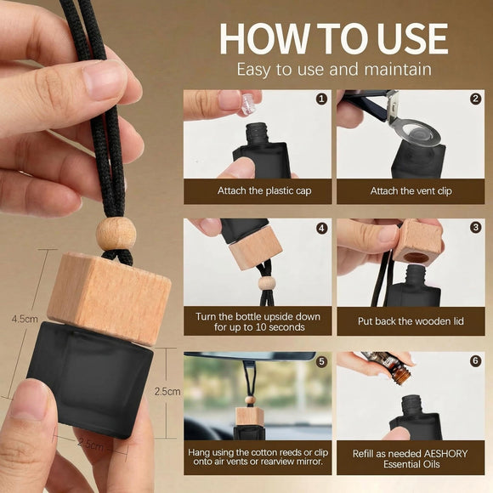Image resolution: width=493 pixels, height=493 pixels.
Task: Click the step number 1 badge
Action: (x=321, y=99)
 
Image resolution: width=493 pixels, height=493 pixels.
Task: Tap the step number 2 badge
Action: (x=475, y=99)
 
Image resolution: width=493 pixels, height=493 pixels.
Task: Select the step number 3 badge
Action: (x=475, y=227)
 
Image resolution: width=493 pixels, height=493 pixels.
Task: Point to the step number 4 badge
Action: (x=321, y=229)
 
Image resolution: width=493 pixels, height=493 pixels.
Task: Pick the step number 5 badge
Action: (x=321, y=361)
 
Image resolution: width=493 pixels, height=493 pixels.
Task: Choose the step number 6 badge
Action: (x=475, y=360)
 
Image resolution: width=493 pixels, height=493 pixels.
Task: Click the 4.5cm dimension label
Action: (x=25, y=319)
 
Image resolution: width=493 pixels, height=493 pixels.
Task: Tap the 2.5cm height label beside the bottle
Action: (x=167, y=392)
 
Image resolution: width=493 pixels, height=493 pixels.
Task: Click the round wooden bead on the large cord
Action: (x=116, y=235)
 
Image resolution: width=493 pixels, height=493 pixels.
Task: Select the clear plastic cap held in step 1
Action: (x=247, y=104)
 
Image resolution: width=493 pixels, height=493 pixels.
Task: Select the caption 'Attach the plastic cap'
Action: (x=264, y=191)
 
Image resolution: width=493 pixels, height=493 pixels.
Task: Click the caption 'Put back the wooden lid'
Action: (x=411, y=321)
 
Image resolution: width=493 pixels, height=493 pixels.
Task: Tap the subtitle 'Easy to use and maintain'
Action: (x=334, y=70)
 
